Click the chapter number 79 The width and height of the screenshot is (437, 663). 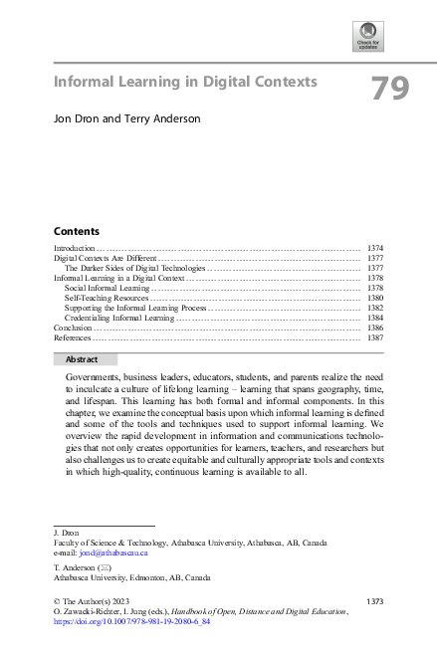pos(390,90)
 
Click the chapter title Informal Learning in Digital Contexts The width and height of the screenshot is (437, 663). pos(185,81)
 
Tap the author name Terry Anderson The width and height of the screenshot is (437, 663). pos(163,118)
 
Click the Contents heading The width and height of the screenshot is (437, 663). pos(76,230)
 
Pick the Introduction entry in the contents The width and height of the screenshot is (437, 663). pos(74,247)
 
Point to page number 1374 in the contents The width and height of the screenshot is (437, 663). pos(374,247)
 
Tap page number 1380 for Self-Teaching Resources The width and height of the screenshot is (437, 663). pos(374,298)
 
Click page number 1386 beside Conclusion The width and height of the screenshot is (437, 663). pos(374,328)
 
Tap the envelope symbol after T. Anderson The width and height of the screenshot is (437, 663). pos(105,565)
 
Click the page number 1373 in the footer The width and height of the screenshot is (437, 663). pos(375,601)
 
